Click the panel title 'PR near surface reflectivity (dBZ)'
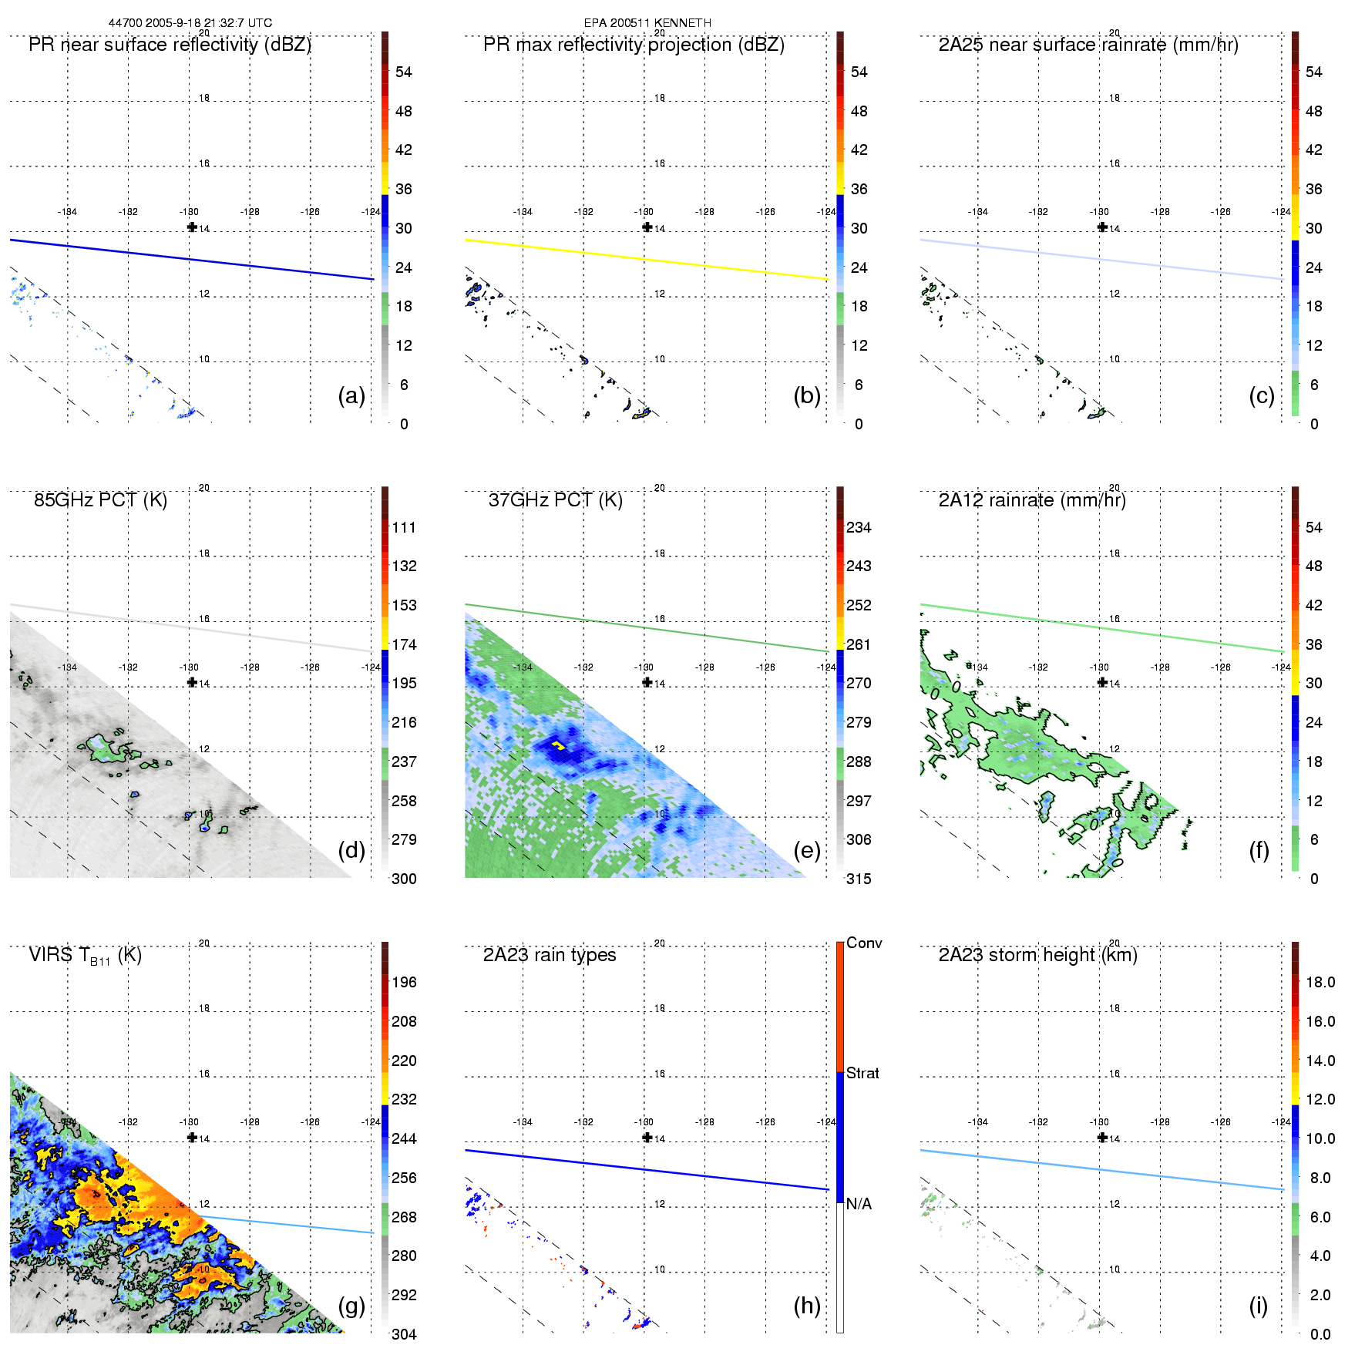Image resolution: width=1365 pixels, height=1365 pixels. [x=170, y=45]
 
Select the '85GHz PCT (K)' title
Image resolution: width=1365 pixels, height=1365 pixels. [x=100, y=500]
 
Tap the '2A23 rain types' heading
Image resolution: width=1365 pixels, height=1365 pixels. [x=550, y=955]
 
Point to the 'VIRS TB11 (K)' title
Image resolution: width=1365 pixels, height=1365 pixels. [x=85, y=956]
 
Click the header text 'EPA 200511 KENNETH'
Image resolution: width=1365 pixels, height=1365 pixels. [x=647, y=23]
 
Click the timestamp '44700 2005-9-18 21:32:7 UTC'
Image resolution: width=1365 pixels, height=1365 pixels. [x=190, y=23]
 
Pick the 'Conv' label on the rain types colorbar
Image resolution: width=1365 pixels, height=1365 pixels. [x=864, y=943]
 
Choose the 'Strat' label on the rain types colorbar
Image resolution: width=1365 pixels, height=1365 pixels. [x=862, y=1074]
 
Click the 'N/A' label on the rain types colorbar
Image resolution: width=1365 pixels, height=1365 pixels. [x=859, y=1204]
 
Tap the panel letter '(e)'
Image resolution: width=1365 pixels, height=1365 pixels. [x=807, y=850]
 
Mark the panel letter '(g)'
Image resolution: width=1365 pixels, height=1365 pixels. [x=351, y=1306]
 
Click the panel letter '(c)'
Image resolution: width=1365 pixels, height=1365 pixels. [x=1262, y=395]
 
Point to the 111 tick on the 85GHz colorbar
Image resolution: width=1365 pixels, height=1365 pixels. [x=404, y=528]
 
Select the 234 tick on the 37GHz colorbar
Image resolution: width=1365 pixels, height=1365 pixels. [x=859, y=528]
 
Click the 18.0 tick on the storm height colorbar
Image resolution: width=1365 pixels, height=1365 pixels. [x=1320, y=983]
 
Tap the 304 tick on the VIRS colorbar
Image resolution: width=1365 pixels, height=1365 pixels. [x=404, y=1334]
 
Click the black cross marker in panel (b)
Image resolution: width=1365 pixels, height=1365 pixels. [x=647, y=227]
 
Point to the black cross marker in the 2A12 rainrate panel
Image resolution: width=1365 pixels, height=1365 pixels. [x=1102, y=682]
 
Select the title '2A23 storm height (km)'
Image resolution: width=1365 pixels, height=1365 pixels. [x=1037, y=955]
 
